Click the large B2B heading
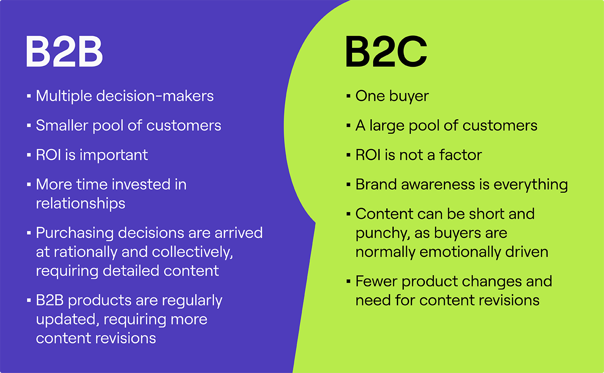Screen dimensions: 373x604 point(64,52)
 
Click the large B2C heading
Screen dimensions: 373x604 point(386,52)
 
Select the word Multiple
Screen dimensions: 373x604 point(64,96)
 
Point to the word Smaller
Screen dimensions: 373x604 point(62,126)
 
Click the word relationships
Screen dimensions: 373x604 point(80,203)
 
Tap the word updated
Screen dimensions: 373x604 point(65,319)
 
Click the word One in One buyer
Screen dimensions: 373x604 point(370,96)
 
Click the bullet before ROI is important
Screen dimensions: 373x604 point(29,155)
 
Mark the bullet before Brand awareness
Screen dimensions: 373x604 point(348,185)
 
